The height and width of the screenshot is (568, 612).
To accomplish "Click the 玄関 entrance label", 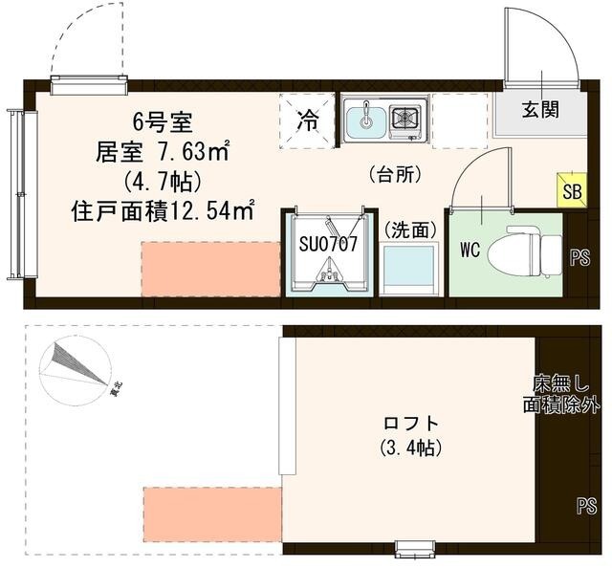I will [540, 110].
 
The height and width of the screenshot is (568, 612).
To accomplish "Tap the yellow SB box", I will [572, 190].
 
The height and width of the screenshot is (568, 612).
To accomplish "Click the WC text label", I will [470, 251].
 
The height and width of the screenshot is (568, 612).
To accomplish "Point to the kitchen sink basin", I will [364, 120].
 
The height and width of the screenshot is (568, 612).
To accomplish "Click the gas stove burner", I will [405, 120].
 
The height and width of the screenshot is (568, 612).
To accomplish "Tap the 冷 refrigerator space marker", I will [308, 120].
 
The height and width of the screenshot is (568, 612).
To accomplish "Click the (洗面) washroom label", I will [411, 229].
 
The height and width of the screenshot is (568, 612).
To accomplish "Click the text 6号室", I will [164, 122].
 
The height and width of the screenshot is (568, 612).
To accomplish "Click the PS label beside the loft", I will [586, 506].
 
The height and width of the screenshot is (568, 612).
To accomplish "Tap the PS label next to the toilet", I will [580, 257].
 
